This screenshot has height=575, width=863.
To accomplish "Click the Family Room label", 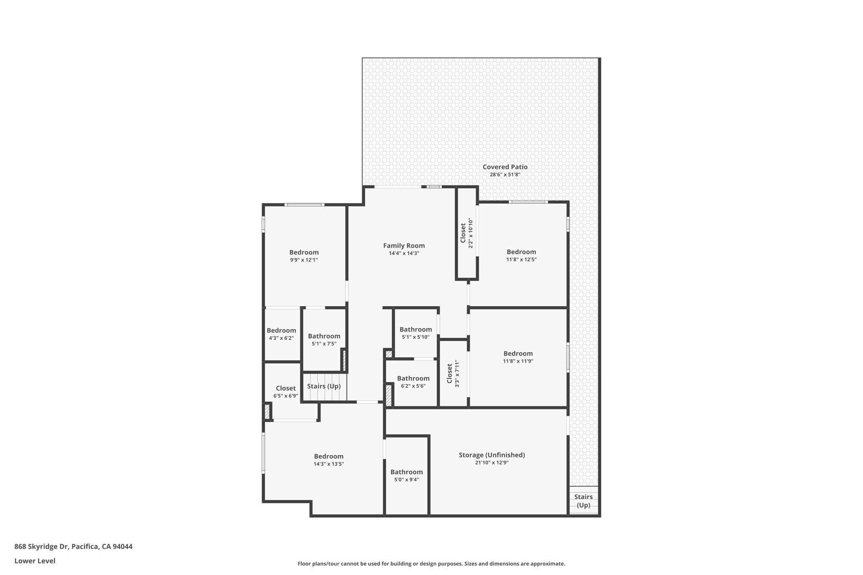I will tap(404, 246).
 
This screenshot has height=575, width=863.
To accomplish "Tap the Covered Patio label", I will tap(505, 167).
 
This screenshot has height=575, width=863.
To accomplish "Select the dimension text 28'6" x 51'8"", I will tap(505, 175).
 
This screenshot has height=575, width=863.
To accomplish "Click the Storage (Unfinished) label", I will tap(492, 455).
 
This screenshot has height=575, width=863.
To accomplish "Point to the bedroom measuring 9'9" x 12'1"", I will tap(304, 256).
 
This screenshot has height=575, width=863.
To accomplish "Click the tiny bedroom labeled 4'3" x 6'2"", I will tap(281, 334).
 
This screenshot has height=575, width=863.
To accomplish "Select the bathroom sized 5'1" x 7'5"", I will tap(324, 339).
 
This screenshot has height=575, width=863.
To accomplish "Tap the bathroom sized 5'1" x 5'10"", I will tap(415, 332).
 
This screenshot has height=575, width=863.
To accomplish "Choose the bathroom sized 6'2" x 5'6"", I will tap(413, 381).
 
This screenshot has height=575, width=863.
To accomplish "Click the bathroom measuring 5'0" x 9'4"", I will tap(406, 475).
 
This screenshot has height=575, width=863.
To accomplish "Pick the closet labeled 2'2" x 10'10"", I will tap(466, 233).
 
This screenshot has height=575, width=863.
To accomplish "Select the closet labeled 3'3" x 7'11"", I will tap(453, 374).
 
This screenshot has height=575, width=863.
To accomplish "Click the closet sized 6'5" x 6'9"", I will tap(286, 391).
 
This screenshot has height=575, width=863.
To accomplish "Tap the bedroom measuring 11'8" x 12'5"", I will tap(521, 255).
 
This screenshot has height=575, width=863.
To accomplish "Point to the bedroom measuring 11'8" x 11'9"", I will tap(518, 357).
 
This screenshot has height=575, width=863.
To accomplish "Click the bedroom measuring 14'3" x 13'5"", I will tap(329, 460).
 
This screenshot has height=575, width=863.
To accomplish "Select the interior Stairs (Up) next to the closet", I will tap(324, 386).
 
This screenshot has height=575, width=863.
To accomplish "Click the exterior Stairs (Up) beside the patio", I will tap(583, 501).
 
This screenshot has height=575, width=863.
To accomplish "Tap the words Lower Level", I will tap(35, 561).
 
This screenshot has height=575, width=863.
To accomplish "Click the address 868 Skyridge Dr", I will tap(41, 546).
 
